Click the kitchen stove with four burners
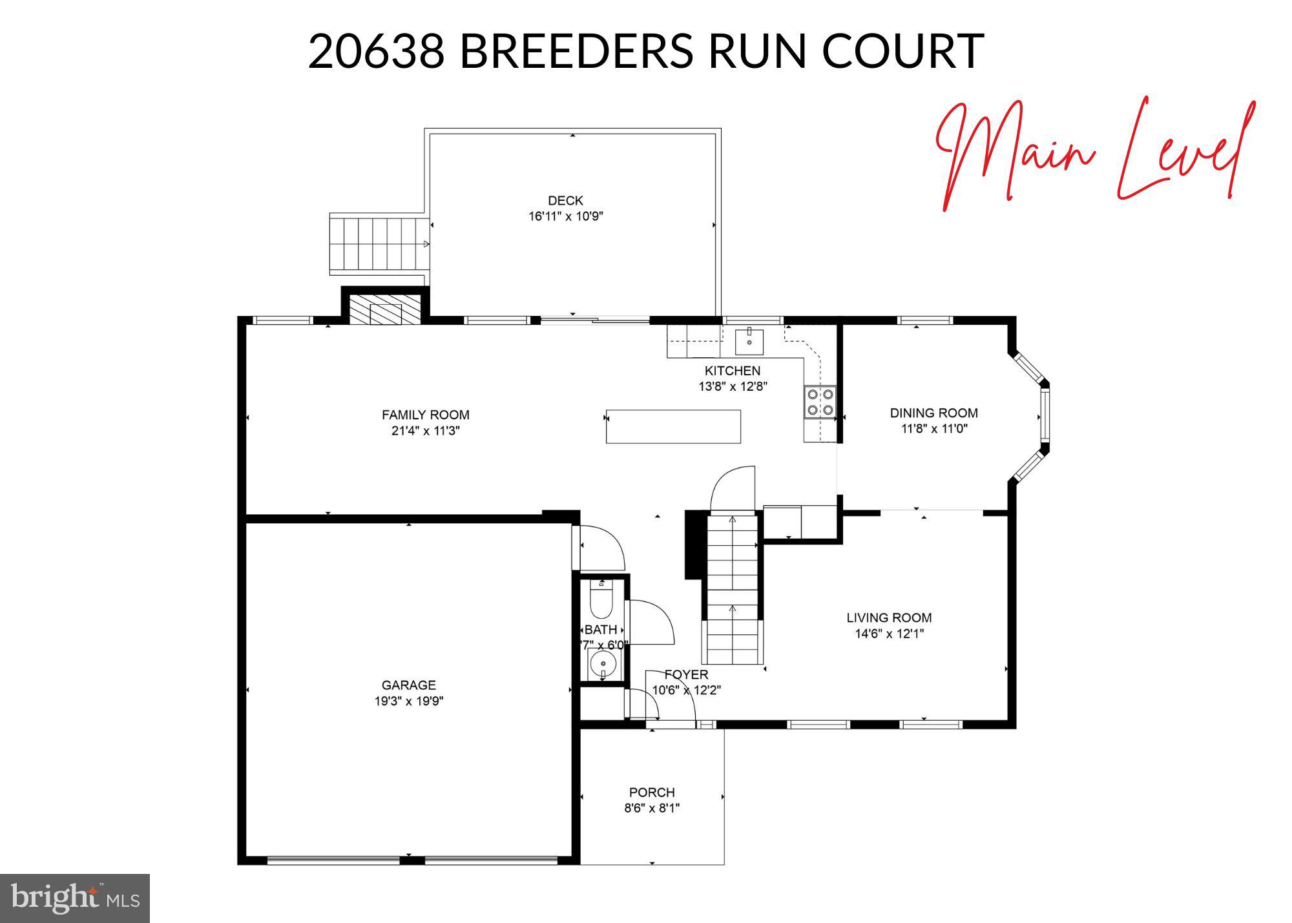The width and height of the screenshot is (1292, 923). coord(820,401)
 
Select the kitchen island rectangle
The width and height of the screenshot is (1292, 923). coord(673,426)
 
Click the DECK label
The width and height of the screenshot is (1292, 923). coord(565,201)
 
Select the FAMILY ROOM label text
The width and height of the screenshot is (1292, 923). coord(425,415)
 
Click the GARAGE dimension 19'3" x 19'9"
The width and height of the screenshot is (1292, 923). coord(409,701)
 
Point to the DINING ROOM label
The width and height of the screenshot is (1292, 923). coord(933,413)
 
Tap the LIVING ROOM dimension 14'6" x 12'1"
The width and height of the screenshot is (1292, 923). coord(889,634)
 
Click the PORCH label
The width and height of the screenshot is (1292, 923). coord(652,792)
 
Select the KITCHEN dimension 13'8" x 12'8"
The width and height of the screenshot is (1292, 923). coord(732,387)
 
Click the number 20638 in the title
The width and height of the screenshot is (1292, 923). coord(377,51)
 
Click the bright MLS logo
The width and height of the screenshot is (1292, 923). coord(75,898)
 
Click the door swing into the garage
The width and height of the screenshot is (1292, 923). coord(601,549)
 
